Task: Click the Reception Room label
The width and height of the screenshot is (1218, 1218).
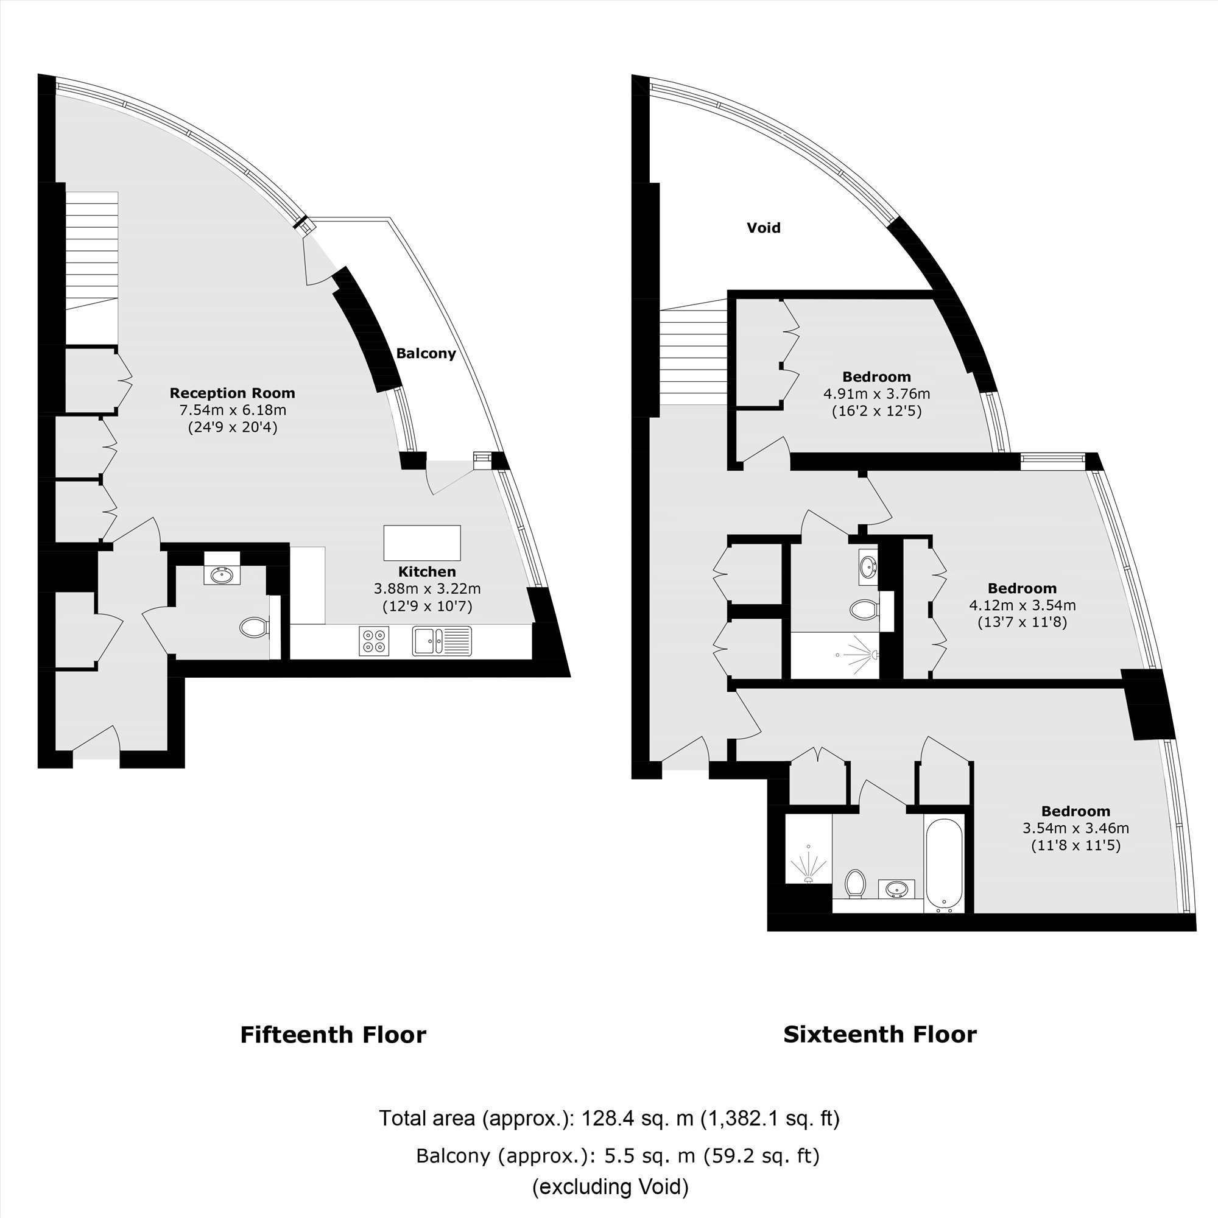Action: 232,393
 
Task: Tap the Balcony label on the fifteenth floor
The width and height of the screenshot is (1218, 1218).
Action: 426,353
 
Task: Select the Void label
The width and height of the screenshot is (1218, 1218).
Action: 764,228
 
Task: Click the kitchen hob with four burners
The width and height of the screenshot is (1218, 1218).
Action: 374,641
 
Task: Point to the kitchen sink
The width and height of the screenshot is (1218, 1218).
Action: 442,641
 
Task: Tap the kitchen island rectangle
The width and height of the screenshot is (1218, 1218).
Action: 422,542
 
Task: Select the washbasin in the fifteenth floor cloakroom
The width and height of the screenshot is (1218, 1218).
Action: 221,575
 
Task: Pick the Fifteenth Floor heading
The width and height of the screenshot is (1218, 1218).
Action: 333,1035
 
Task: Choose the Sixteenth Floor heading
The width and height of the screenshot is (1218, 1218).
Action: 879,1034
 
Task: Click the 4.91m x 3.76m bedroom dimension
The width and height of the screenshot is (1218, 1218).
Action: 876,394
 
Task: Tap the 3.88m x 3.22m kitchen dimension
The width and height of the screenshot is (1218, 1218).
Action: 427,589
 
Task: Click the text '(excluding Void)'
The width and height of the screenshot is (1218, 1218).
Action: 610,1186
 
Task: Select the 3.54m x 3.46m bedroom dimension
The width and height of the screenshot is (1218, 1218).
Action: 1075,828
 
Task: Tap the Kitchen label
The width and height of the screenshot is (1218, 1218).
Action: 427,572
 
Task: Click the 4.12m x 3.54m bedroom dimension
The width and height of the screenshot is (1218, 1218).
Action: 1022,605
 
